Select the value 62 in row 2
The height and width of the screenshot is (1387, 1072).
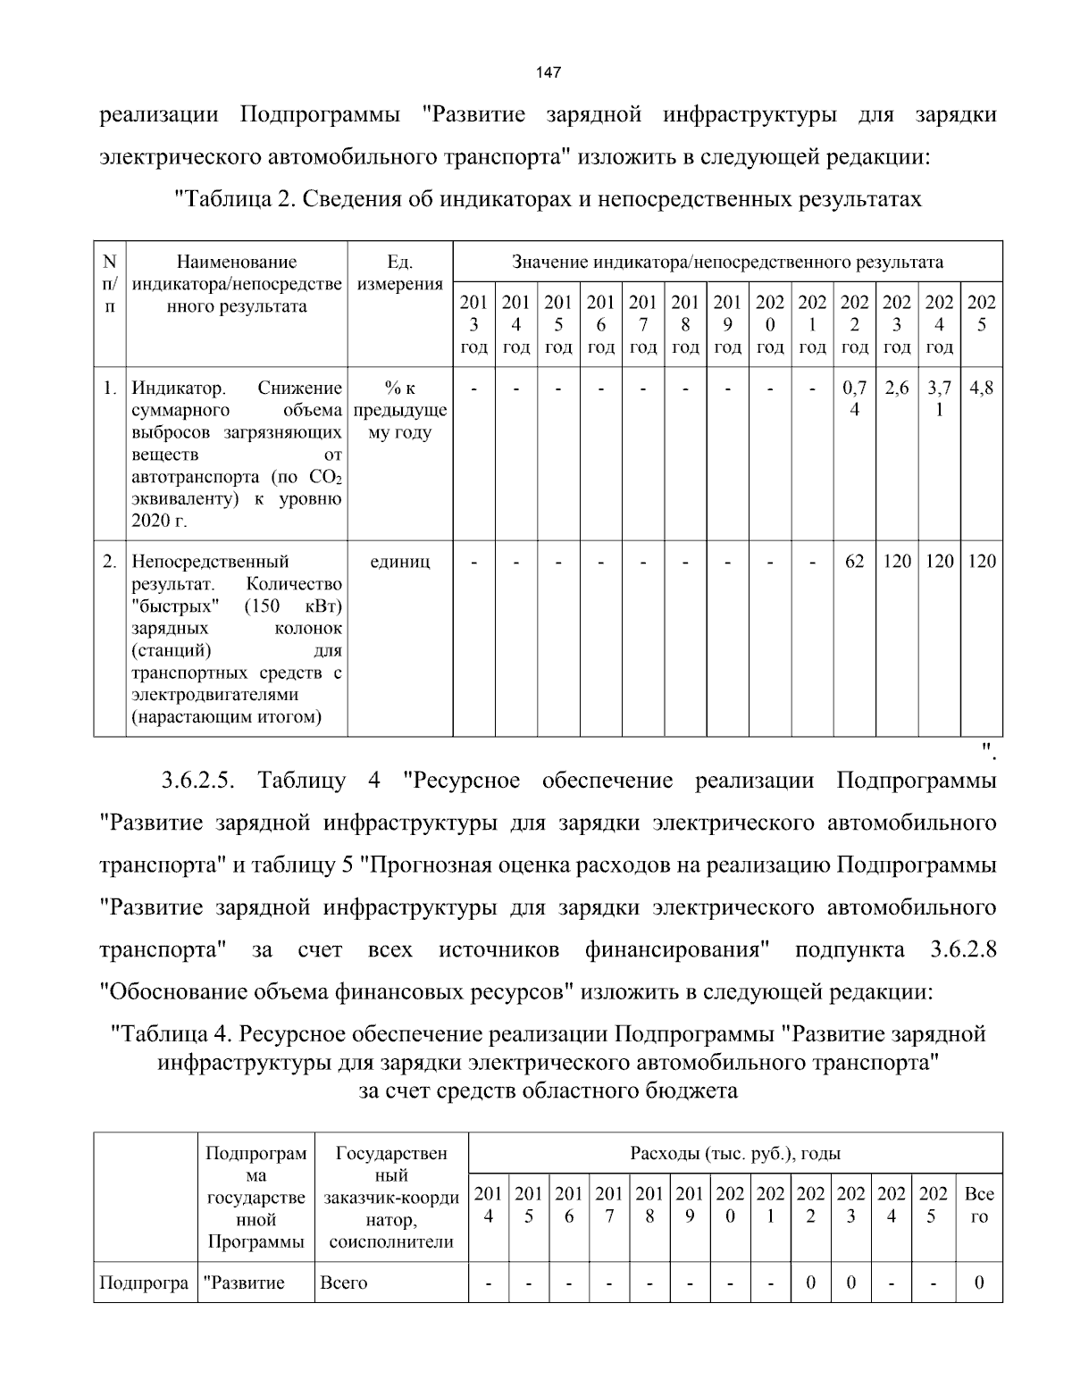(x=854, y=562)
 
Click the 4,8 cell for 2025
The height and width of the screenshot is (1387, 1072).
(x=981, y=389)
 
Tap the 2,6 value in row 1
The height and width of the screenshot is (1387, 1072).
(x=897, y=389)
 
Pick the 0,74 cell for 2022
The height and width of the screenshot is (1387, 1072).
(x=855, y=399)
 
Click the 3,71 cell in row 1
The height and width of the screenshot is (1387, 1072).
(x=939, y=399)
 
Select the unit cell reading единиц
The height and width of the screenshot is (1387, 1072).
(x=399, y=562)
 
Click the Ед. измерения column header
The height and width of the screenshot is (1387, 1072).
(x=399, y=273)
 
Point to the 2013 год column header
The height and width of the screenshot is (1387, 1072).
(x=473, y=324)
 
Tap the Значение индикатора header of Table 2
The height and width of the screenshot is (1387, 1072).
(x=727, y=262)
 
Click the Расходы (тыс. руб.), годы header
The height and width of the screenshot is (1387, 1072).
(x=734, y=1153)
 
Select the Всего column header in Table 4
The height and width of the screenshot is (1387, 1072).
(x=979, y=1205)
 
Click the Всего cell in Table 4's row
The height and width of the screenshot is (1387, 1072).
(x=344, y=1283)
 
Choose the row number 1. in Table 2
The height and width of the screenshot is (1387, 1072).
(x=109, y=389)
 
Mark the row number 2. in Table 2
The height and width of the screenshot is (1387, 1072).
(x=109, y=562)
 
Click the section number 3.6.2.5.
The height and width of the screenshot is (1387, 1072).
(x=197, y=780)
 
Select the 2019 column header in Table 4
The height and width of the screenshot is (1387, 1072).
(x=690, y=1205)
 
